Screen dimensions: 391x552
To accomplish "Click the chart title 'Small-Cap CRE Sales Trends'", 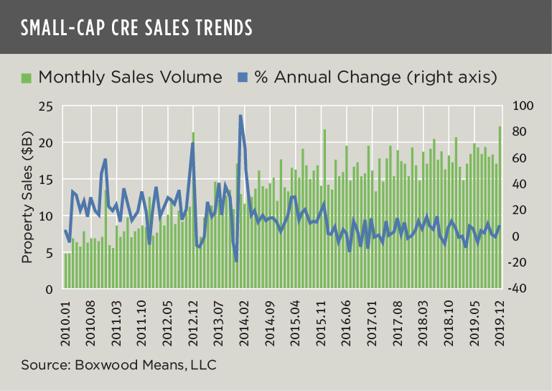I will [x=136, y=27].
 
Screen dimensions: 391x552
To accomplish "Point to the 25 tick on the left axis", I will [x=47, y=106].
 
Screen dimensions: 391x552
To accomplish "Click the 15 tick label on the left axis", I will [x=47, y=180].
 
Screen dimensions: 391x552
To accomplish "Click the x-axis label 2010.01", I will [x=67, y=316].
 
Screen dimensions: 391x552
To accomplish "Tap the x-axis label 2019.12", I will [x=500, y=316].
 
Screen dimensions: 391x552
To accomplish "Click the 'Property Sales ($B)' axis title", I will [x=26, y=198].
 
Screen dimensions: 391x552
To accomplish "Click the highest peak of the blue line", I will [x=240, y=116].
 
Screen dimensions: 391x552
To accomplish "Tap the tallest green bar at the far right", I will [x=500, y=208].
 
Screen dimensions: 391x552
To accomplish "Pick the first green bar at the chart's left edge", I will [x=65, y=271].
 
